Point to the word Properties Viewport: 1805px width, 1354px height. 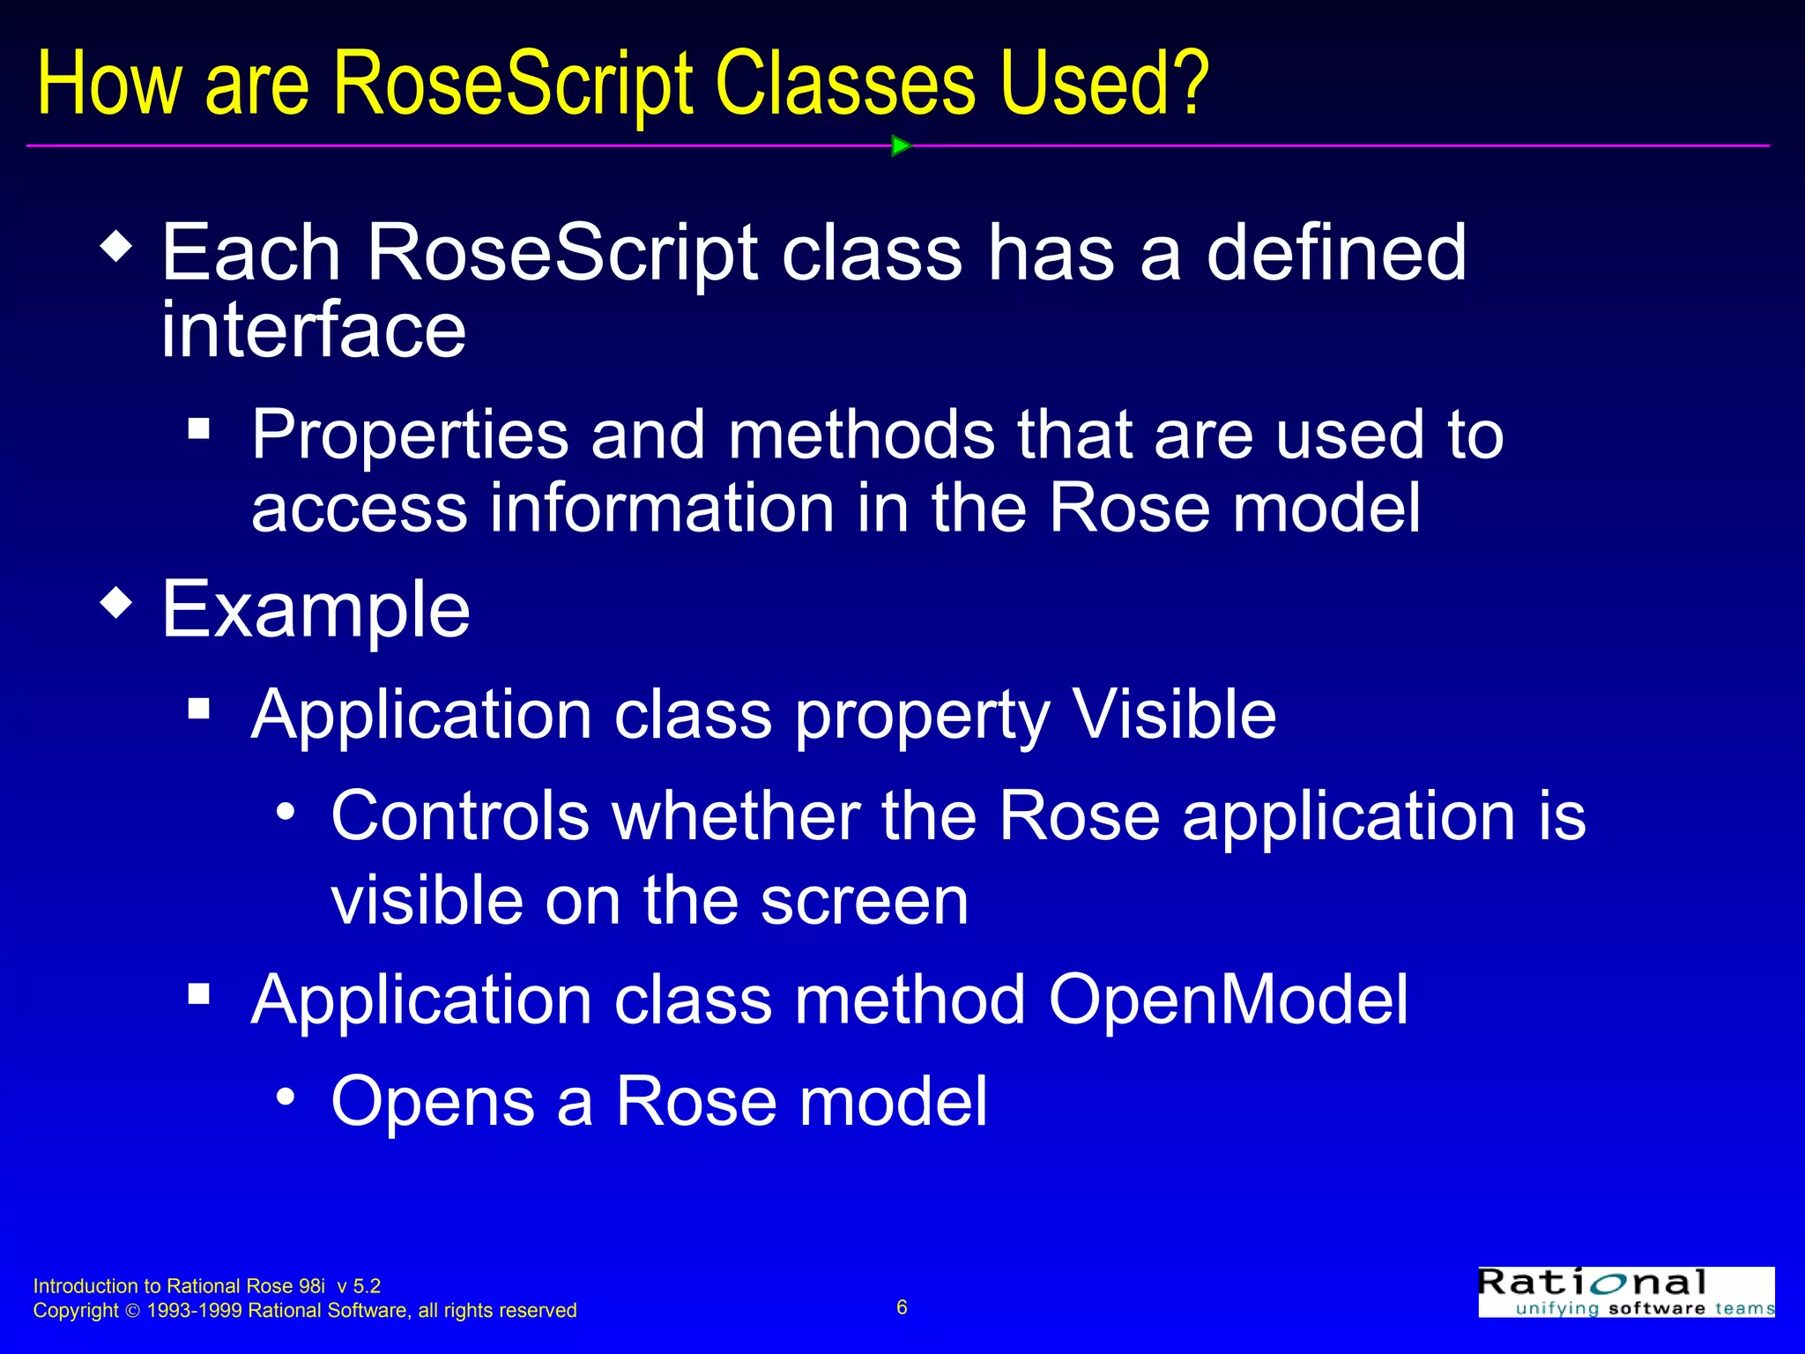click(410, 435)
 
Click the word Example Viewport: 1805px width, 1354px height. click(316, 610)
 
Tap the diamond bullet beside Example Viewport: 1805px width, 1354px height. click(116, 605)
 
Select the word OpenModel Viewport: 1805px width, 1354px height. click(1228, 1000)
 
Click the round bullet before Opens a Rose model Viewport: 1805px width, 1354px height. click(285, 1097)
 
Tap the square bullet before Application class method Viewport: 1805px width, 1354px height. click(199, 994)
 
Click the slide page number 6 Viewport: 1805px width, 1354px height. click(902, 1307)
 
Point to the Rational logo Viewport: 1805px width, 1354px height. click(1626, 1292)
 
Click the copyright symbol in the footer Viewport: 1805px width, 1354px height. click(133, 1312)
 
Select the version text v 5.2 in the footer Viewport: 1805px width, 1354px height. click(359, 1286)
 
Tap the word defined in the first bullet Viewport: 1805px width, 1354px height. click(1335, 254)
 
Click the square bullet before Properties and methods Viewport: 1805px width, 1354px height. click(199, 429)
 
